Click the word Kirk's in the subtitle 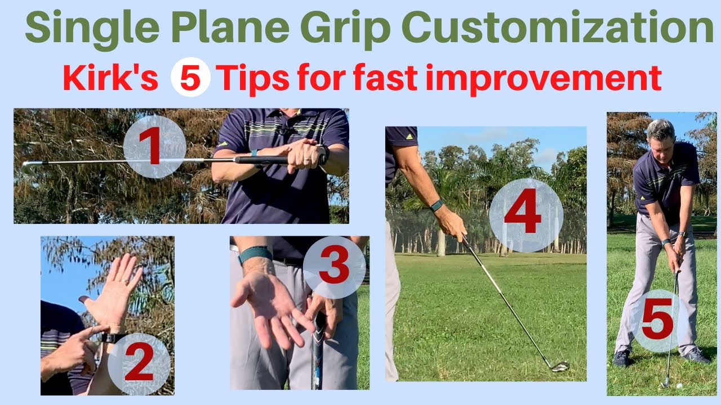click(110, 78)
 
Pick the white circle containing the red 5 click(190, 77)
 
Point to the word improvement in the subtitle click(544, 79)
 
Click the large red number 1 click(150, 146)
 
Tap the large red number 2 click(139, 362)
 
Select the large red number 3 click(334, 264)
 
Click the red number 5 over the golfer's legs click(657, 319)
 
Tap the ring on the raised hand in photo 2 click(124, 281)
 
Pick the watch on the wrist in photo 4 click(437, 205)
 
